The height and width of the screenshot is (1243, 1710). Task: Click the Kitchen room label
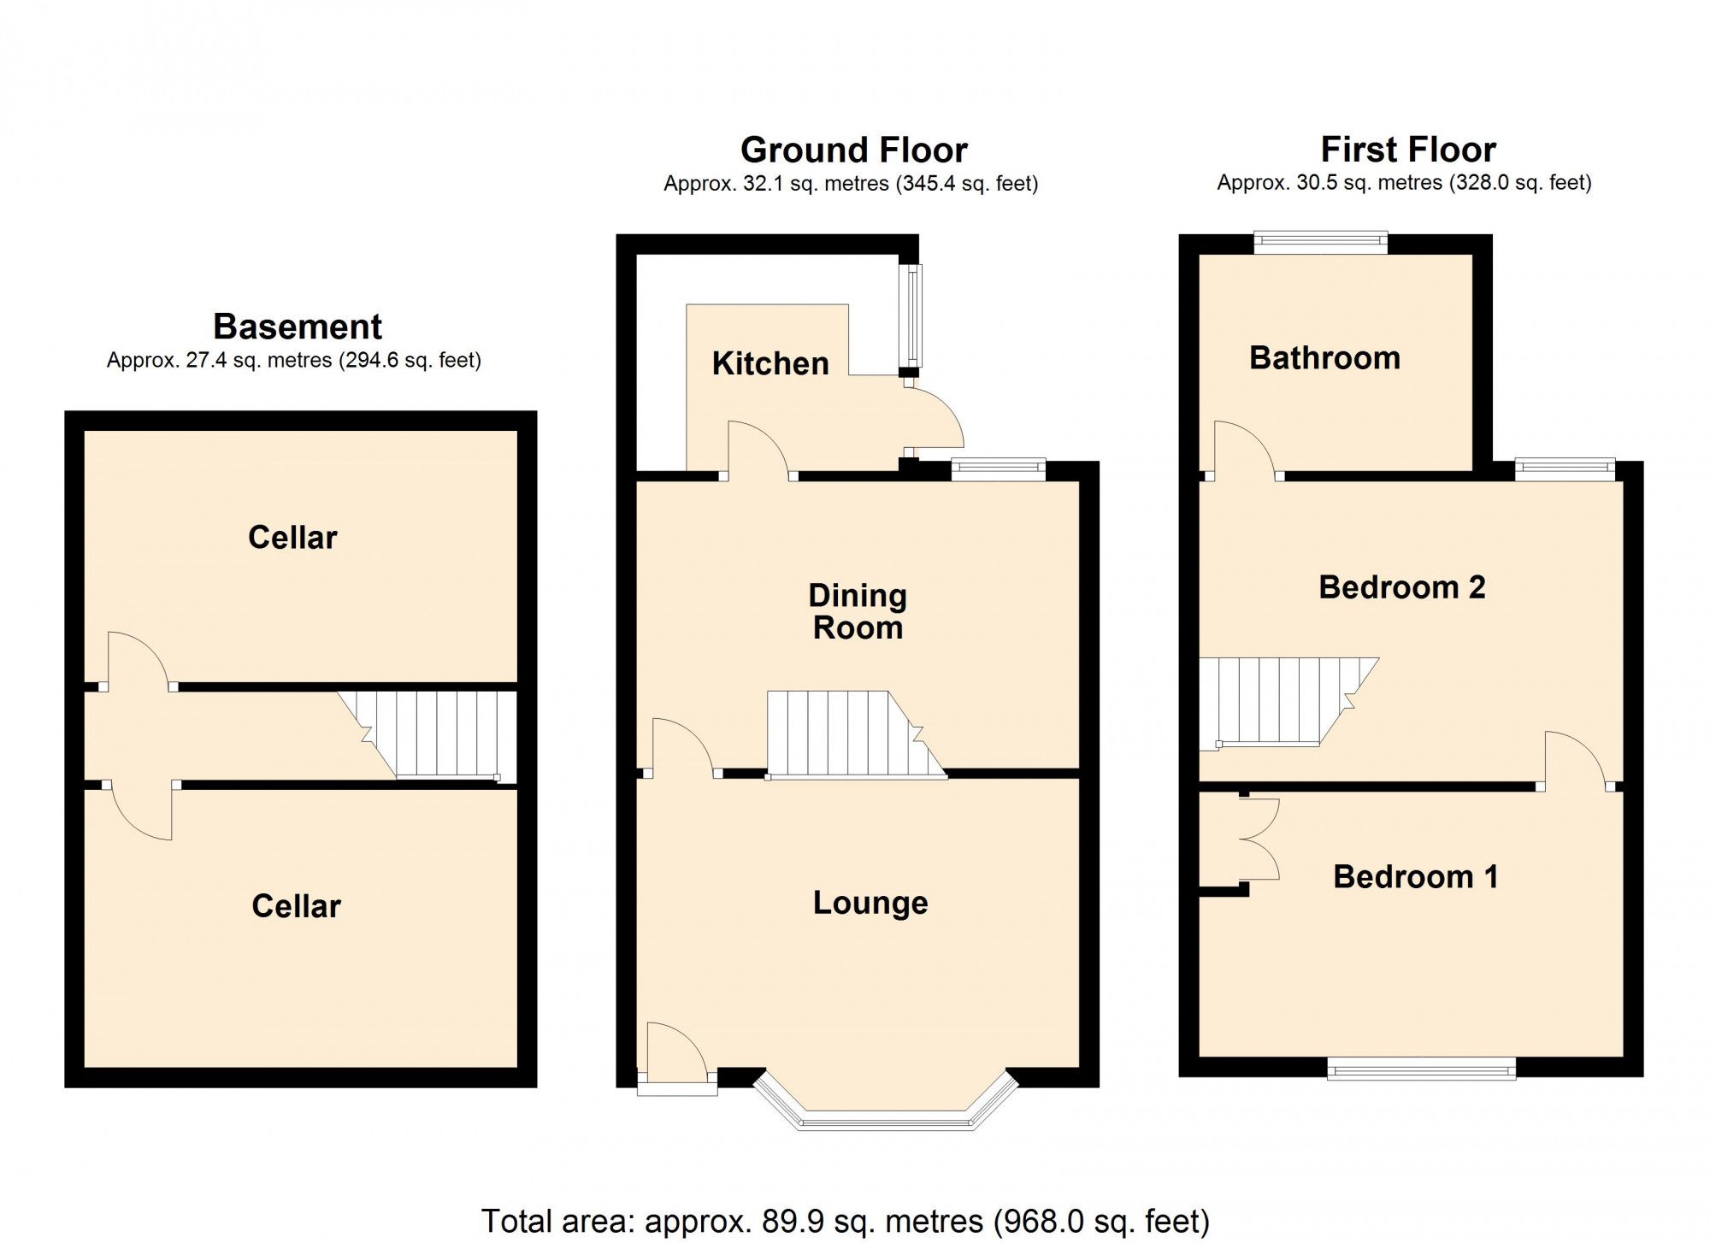pos(770,363)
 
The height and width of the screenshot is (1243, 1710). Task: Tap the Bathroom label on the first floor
pos(1324,357)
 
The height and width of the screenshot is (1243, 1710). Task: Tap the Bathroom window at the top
pos(1320,243)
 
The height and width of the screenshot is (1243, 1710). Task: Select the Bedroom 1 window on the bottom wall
pos(1421,1069)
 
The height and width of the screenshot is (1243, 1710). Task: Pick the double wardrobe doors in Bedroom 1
pos(1259,839)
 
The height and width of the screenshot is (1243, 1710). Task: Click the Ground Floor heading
pos(853,150)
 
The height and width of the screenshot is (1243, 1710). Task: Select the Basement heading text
pos(297,327)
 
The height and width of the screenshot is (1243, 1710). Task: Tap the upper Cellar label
pos(292,538)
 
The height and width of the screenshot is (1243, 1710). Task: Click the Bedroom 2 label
pos(1401,587)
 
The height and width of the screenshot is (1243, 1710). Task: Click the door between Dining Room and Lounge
pos(682,748)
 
